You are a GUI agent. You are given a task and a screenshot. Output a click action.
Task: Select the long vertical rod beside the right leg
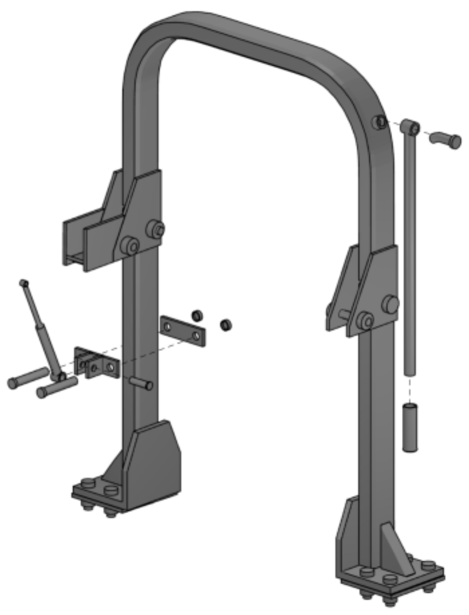(x=409, y=250)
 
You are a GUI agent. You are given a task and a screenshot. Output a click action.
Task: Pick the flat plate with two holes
(x=183, y=331)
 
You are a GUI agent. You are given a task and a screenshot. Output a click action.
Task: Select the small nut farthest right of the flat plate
(x=226, y=324)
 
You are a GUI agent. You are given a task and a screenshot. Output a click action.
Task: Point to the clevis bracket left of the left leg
(x=96, y=363)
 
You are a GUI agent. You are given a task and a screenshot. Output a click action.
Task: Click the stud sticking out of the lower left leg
(x=142, y=383)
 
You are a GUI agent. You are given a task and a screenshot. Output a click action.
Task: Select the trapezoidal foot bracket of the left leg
(x=154, y=464)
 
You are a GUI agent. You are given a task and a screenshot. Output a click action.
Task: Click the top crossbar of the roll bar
(x=250, y=38)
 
